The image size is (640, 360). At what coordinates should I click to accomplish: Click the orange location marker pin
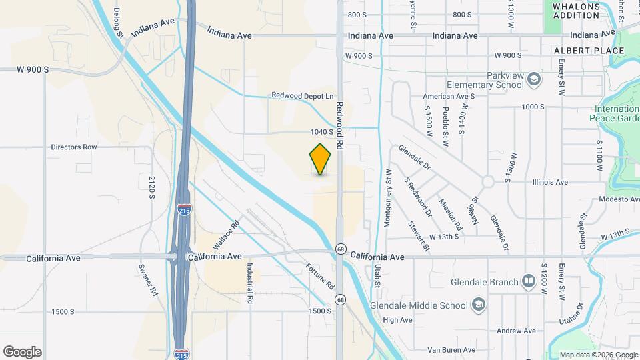pyautogui.click(x=321, y=159)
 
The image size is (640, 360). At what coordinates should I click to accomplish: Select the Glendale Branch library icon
pyautogui.click(x=529, y=281)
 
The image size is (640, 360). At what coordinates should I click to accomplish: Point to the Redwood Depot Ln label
pyautogui.click(x=302, y=95)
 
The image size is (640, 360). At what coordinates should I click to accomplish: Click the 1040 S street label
pyautogui.click(x=321, y=132)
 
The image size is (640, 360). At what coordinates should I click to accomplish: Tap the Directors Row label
pyautogui.click(x=74, y=147)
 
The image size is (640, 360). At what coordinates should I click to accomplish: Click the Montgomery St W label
pyautogui.click(x=387, y=199)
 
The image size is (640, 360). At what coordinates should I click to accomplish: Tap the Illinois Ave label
pyautogui.click(x=550, y=181)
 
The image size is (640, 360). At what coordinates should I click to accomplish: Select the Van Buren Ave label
pyautogui.click(x=451, y=349)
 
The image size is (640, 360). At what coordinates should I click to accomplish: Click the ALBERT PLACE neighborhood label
pyautogui.click(x=589, y=51)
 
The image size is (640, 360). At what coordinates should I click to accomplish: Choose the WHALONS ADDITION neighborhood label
pyautogui.click(x=576, y=11)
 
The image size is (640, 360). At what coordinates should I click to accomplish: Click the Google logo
pyautogui.click(x=22, y=351)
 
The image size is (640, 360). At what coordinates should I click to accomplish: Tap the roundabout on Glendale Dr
pyautogui.click(x=488, y=181)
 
